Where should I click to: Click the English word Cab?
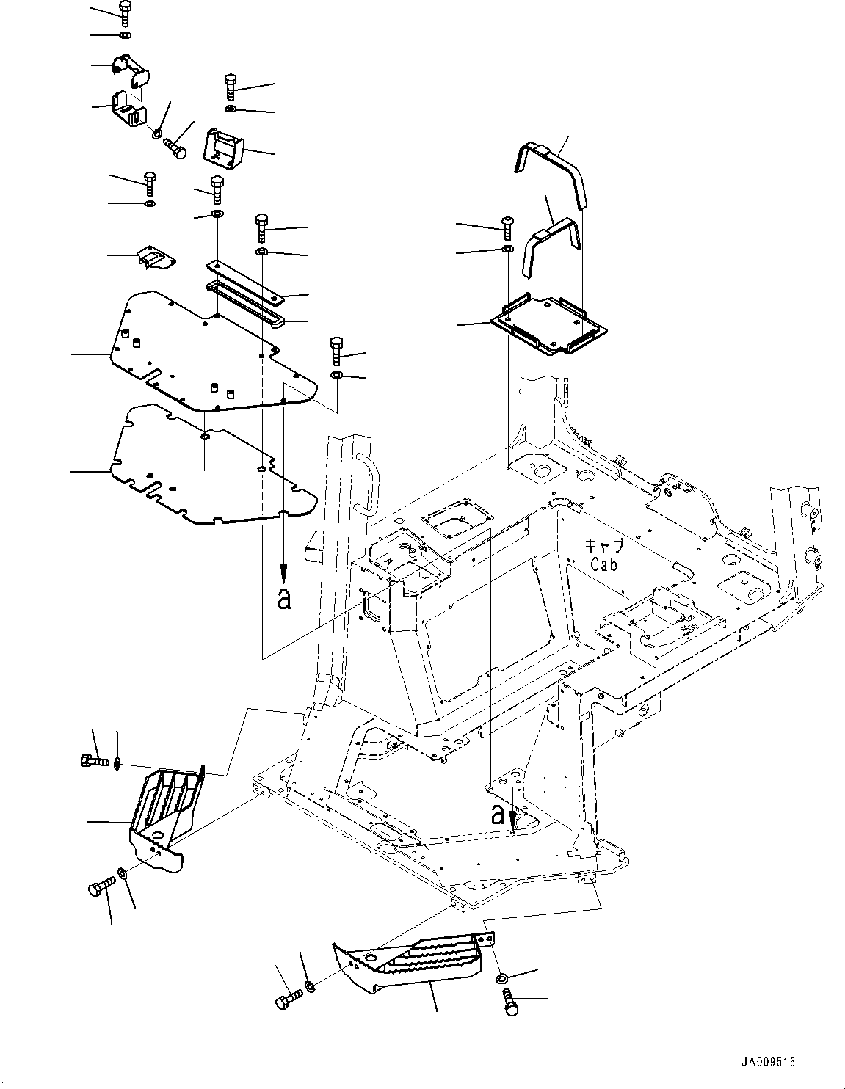coord(604,564)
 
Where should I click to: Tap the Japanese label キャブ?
coord(603,546)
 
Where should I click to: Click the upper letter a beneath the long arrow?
coord(284,599)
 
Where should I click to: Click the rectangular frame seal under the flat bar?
coord(246,304)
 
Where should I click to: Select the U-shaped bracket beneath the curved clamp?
coord(129,111)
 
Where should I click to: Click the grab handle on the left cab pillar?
coord(366,481)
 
